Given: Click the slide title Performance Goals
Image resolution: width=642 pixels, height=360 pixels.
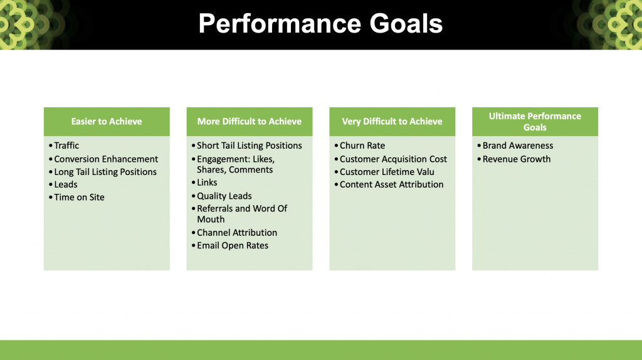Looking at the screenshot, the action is (320, 24).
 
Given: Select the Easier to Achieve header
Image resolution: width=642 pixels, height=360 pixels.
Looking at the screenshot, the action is (107, 121).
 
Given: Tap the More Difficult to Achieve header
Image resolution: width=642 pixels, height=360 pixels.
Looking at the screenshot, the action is (250, 121).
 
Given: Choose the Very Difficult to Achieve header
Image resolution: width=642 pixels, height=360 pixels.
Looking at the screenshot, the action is (392, 121).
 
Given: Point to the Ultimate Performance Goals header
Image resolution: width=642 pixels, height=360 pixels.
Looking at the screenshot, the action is (535, 122).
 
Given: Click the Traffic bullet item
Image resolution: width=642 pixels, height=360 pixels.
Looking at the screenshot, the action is (66, 146).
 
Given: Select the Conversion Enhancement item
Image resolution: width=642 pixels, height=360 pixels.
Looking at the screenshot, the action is (106, 159).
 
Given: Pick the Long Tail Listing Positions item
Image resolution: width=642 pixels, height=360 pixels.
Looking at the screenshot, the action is (105, 172).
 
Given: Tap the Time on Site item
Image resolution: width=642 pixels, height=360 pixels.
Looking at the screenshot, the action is (79, 197).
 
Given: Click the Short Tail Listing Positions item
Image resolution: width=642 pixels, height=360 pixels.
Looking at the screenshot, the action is (250, 146).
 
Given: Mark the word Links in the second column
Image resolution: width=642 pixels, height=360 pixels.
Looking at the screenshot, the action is (207, 183).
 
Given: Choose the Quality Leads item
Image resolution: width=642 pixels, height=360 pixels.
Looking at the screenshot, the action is (224, 196).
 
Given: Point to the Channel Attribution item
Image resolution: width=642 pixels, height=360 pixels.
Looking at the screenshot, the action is (237, 233).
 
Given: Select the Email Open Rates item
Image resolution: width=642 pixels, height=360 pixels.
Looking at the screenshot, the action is (233, 245).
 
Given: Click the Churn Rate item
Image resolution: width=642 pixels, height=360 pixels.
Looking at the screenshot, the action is (362, 146).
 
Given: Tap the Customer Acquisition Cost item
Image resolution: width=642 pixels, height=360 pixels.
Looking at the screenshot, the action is (394, 159).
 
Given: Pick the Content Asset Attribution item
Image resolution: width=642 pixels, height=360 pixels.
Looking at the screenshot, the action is (391, 184).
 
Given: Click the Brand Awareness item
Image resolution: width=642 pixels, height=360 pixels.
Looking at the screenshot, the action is (517, 146).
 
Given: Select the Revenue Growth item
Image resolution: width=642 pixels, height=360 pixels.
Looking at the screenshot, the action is (517, 159).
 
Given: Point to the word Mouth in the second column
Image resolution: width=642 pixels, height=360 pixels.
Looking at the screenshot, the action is (211, 219).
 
